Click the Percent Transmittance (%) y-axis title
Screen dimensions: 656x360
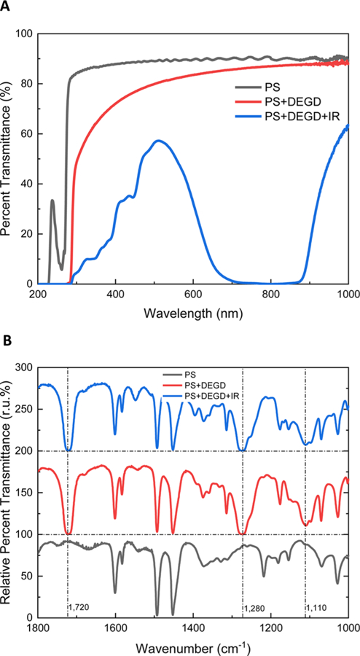(7, 159)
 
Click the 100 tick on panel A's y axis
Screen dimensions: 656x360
(25, 34)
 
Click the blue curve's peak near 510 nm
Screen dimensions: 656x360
(157, 140)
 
